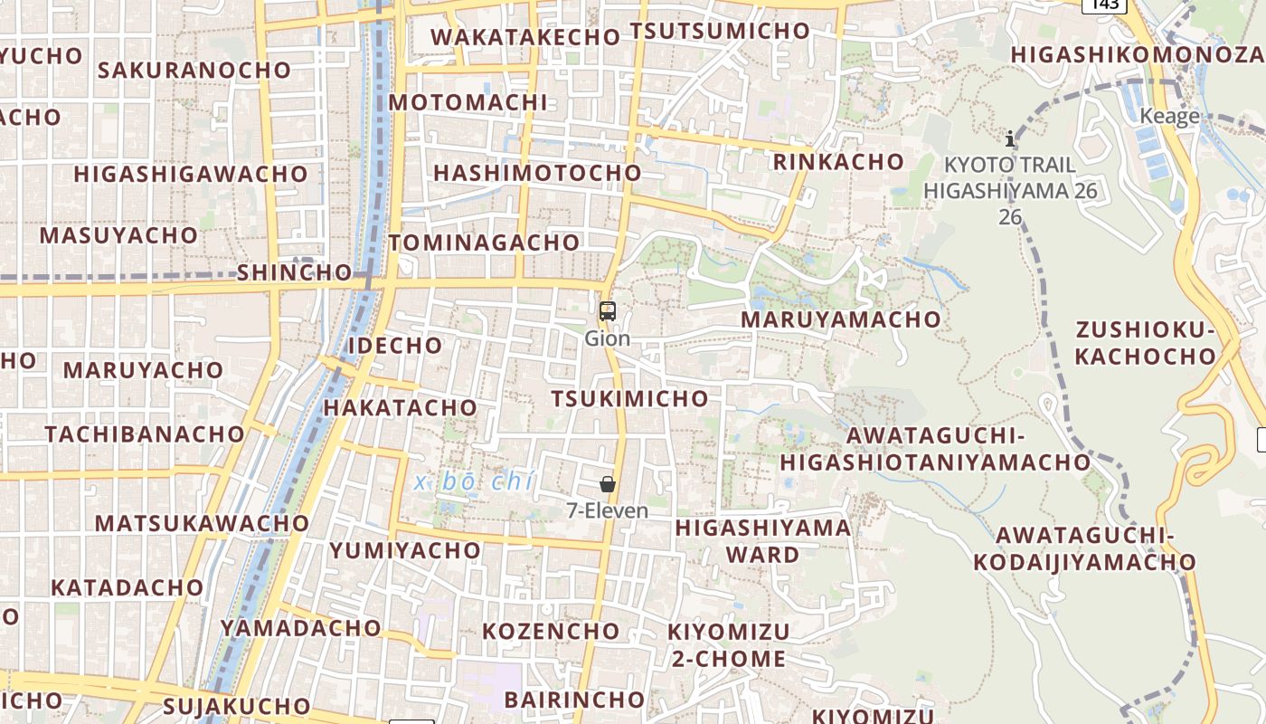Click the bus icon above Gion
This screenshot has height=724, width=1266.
[x=608, y=311]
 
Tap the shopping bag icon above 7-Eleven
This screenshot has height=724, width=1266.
[x=608, y=484]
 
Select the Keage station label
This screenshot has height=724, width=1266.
[x=1169, y=116]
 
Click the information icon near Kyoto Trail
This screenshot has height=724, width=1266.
[x=1010, y=138]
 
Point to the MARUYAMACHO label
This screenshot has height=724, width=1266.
[x=840, y=319]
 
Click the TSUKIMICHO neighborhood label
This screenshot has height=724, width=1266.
[x=629, y=398]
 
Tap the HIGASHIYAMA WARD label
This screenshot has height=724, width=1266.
[x=763, y=540]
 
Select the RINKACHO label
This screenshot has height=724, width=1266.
[x=838, y=162]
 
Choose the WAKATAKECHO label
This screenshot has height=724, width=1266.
[x=525, y=37]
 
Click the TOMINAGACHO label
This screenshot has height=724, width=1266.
[x=484, y=243]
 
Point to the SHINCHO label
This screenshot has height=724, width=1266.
[x=294, y=272]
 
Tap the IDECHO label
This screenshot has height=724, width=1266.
[x=395, y=346]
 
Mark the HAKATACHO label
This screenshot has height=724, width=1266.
[x=400, y=407]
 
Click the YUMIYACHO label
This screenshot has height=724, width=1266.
[x=405, y=550]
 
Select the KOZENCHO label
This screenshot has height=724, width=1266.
[x=551, y=631]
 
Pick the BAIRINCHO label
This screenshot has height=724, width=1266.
[x=573, y=700]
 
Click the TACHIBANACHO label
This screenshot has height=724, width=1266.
[x=145, y=433]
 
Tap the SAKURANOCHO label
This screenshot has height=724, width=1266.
[x=194, y=70]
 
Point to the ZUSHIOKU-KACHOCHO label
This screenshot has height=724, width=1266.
[x=1145, y=343]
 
